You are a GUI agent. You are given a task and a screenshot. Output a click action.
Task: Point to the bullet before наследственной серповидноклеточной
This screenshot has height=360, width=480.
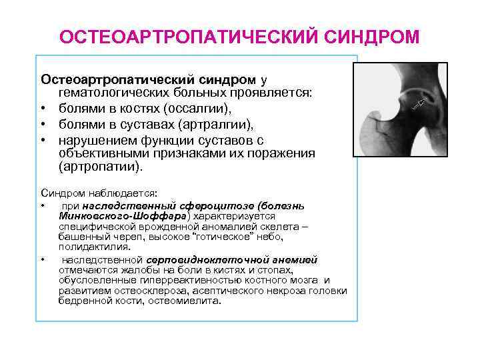pyautogui.click(x=43, y=259)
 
